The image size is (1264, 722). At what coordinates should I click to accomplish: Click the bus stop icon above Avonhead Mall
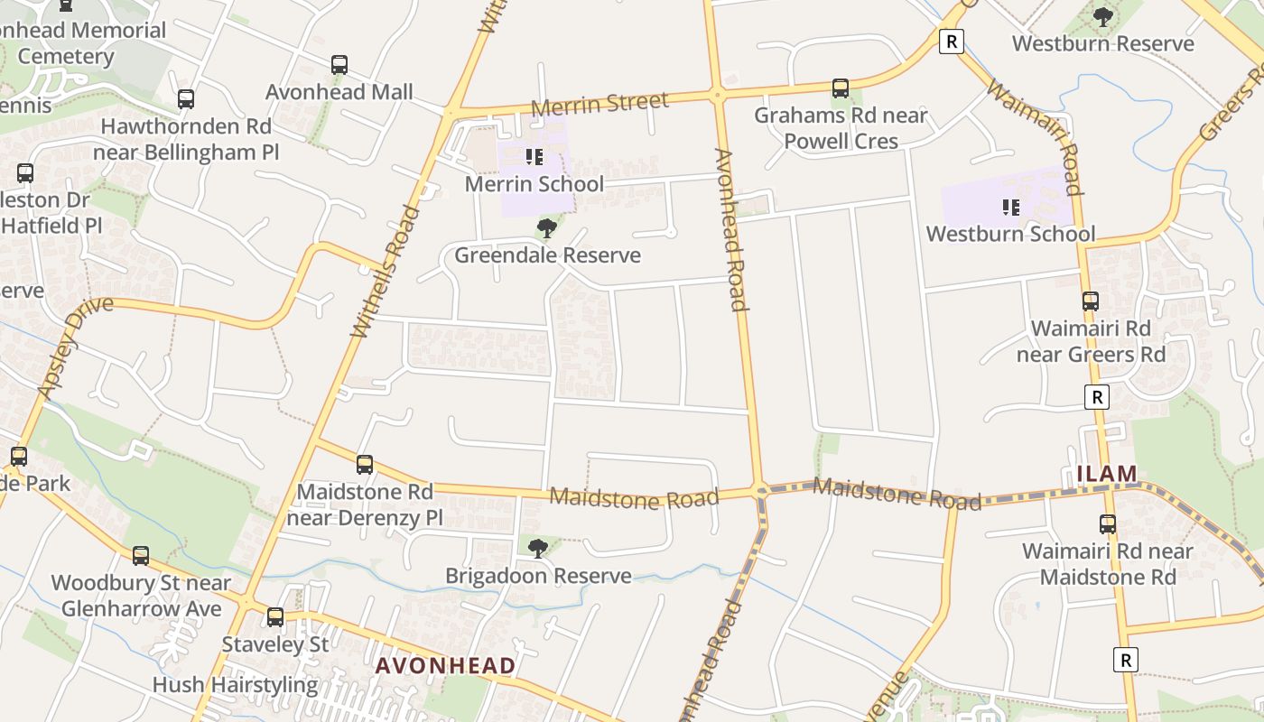click(339, 65)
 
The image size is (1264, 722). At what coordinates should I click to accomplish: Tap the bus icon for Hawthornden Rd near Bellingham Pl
click(186, 99)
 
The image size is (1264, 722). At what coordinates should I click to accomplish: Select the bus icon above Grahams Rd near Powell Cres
click(841, 88)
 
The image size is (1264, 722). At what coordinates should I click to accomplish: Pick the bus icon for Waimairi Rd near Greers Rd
click(1091, 301)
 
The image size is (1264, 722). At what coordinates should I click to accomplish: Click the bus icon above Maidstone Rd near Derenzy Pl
click(365, 465)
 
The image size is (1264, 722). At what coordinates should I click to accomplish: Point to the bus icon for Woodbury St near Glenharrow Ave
click(141, 556)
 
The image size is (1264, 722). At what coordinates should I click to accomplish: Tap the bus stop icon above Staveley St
click(275, 617)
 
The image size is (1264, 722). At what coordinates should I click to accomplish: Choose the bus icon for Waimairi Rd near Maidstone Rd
click(1108, 523)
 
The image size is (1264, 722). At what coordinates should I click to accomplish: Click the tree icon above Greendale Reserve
click(546, 228)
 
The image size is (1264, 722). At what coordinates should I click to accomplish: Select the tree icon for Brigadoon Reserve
click(538, 548)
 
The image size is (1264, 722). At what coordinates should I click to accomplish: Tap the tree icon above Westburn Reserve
click(1102, 16)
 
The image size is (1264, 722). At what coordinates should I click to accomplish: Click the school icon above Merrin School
click(534, 157)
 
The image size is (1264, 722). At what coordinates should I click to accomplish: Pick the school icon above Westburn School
click(1010, 208)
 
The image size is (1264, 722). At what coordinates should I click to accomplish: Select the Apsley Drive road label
click(76, 346)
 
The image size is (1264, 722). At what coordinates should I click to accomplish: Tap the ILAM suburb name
click(1106, 473)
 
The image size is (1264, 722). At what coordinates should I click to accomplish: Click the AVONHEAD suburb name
click(445, 666)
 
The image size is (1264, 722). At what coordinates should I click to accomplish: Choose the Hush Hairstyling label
click(235, 685)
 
